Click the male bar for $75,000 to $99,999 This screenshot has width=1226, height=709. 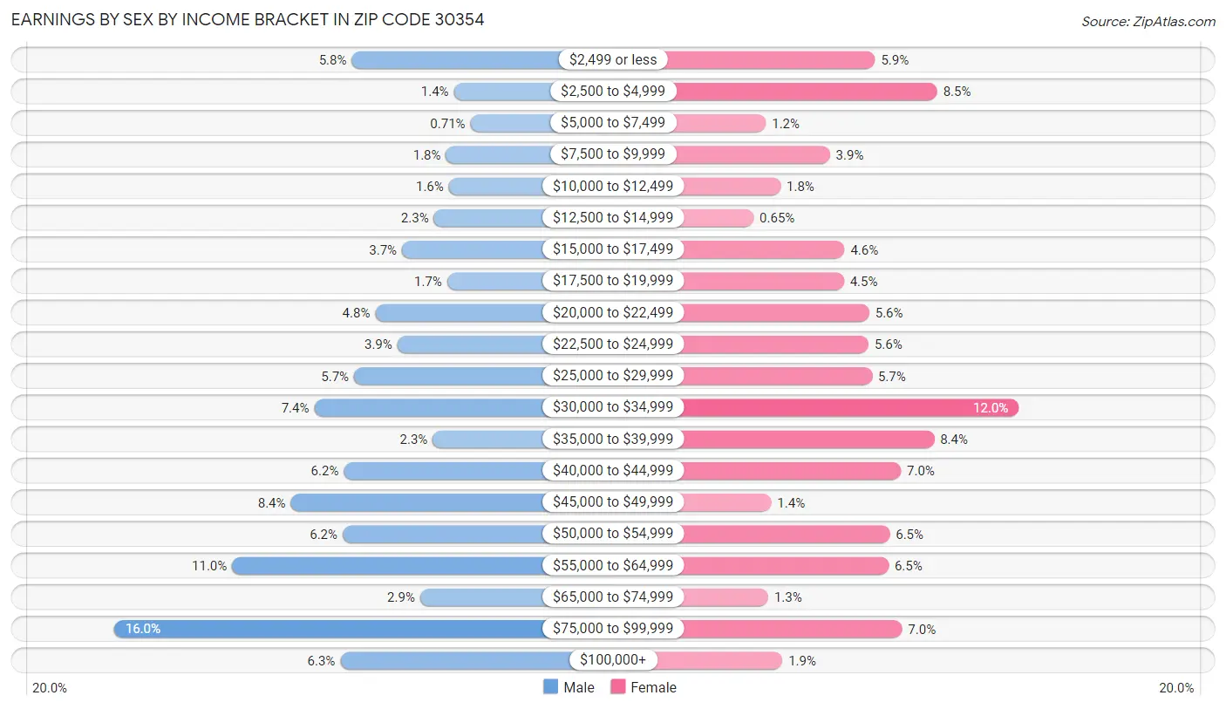(x=331, y=629)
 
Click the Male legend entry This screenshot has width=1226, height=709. (x=569, y=687)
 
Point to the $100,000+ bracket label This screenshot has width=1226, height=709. (x=613, y=660)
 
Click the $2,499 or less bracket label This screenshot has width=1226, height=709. (x=613, y=60)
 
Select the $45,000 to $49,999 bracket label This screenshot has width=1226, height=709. (x=613, y=502)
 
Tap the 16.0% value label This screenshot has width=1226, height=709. (x=143, y=629)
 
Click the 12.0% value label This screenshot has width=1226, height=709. (x=991, y=408)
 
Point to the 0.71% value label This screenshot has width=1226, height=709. (x=446, y=124)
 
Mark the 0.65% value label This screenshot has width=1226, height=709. (x=777, y=218)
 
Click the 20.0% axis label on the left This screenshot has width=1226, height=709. (x=50, y=688)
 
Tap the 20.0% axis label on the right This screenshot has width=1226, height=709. (x=1176, y=688)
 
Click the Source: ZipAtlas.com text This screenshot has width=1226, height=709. (x=1148, y=21)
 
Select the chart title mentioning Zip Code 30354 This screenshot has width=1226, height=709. (x=248, y=20)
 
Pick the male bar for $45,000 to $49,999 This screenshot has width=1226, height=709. (x=419, y=502)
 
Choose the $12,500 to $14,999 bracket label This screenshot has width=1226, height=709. (x=613, y=218)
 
